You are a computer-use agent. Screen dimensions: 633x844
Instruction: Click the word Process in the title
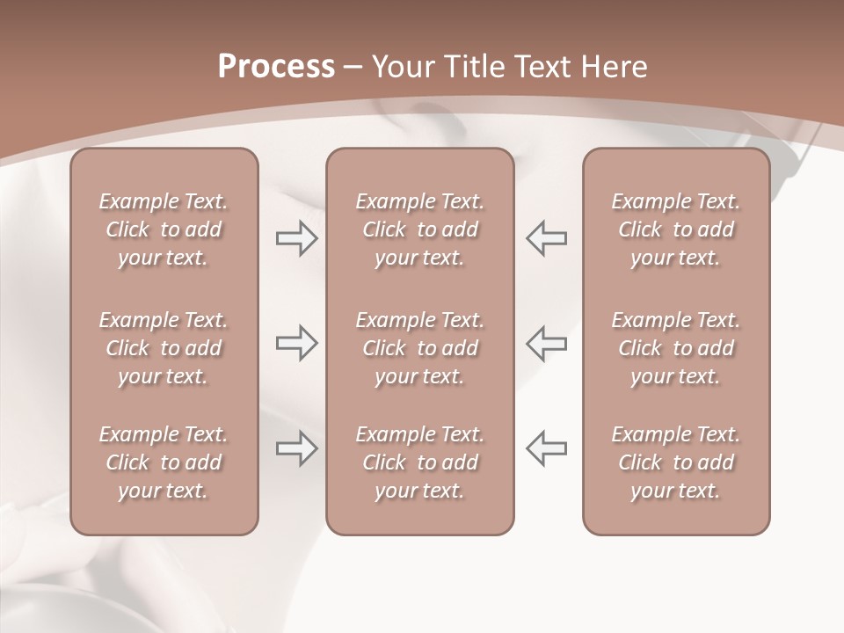(276, 67)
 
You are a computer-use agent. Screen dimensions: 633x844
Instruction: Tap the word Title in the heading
(472, 67)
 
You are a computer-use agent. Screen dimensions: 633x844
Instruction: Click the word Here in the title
(614, 67)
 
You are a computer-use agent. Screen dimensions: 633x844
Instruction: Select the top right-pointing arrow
(296, 238)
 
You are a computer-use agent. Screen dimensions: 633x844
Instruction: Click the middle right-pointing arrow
(296, 343)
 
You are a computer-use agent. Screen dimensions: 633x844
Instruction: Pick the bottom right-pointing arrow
(296, 448)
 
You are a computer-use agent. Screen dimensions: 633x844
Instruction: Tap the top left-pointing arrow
(546, 238)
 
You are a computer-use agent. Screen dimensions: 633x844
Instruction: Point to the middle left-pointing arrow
(546, 343)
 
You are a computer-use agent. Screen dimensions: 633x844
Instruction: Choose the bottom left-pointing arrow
(546, 448)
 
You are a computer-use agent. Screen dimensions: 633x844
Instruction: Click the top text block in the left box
(164, 229)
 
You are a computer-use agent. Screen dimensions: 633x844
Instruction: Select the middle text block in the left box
(164, 348)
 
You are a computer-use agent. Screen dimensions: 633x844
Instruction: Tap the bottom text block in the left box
(164, 462)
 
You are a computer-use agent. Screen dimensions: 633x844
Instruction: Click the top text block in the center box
(419, 229)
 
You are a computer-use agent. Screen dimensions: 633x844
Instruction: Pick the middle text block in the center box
(419, 348)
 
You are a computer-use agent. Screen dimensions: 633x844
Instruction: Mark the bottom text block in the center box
(419, 462)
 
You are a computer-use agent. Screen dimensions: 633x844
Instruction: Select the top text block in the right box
(676, 229)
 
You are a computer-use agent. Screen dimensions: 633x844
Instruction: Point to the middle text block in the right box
(676, 348)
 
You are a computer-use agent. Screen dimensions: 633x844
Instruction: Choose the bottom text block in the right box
(676, 462)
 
